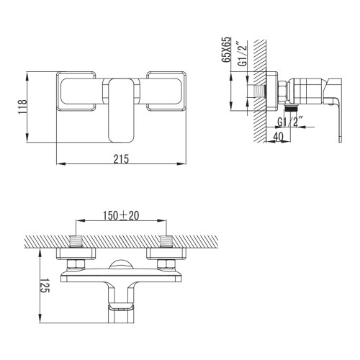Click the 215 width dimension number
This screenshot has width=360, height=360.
tap(121, 160)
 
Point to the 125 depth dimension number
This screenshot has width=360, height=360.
tap(43, 287)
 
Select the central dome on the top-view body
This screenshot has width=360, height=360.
tap(121, 264)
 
